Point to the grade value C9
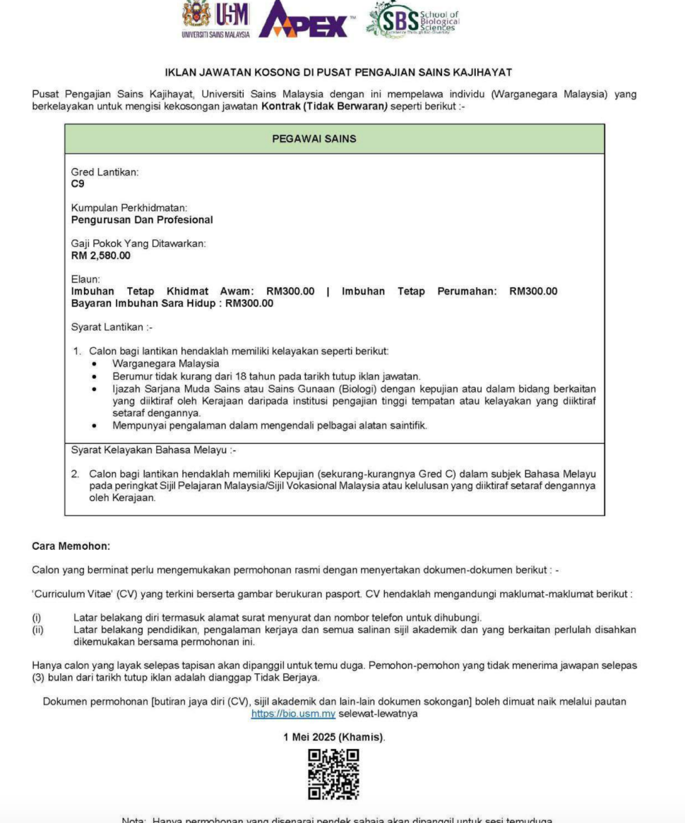(x=78, y=184)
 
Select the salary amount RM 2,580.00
(x=101, y=256)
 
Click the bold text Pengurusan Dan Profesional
(x=142, y=220)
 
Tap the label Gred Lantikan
(x=105, y=172)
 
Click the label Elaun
(x=86, y=280)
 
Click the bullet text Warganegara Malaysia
(x=165, y=364)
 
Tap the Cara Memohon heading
(x=71, y=546)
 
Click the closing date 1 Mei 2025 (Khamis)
(x=334, y=737)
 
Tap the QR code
(x=333, y=775)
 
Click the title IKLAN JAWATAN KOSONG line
(x=338, y=72)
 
